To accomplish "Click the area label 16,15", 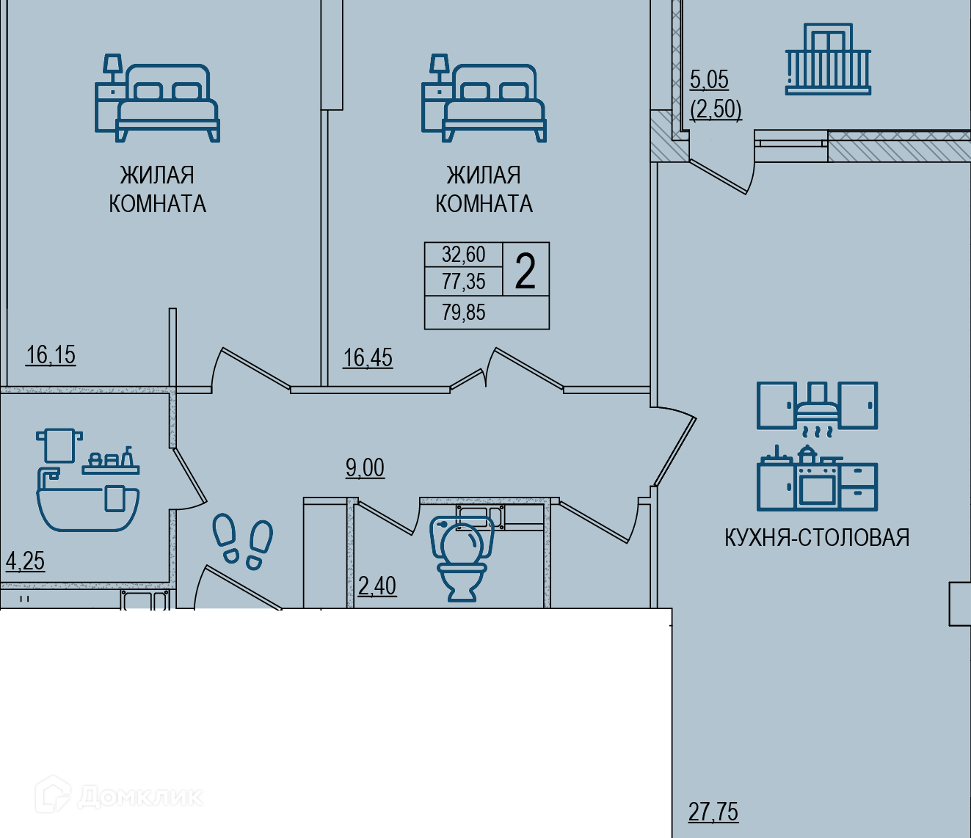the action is tap(51, 354).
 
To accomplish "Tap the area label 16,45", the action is tap(368, 358).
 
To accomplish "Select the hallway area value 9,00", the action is tap(365, 468).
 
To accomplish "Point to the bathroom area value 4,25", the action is tap(26, 561).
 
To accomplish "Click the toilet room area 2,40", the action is tap(377, 586).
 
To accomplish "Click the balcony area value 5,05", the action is tap(709, 80).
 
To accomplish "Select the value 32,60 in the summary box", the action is tap(464, 255).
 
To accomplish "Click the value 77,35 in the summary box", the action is tap(464, 282).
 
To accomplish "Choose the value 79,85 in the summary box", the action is tap(464, 313).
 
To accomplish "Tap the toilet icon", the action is tap(462, 558).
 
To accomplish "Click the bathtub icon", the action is tap(88, 499).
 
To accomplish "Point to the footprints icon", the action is tap(243, 541).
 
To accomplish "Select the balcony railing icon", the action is tap(828, 59).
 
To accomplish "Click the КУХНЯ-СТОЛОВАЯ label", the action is tap(818, 537).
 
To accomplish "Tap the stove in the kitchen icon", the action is tap(817, 479).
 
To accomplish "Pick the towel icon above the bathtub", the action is tap(59, 445).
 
